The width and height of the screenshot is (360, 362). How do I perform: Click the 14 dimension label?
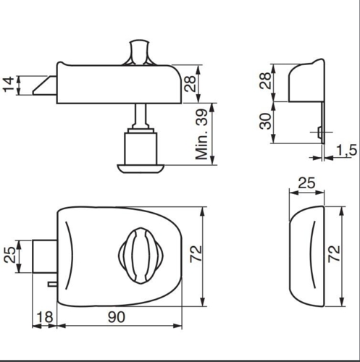pos(8,85)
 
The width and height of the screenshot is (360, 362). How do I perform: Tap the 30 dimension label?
pos(265,121)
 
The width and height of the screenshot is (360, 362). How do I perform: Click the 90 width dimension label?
pos(117,317)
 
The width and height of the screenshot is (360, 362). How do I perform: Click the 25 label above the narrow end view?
pos(306,185)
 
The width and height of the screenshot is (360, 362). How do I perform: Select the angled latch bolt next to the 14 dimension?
pos(45,85)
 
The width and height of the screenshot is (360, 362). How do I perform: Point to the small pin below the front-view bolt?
pos(51,285)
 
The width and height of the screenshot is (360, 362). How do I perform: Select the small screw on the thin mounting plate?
pos(319,131)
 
